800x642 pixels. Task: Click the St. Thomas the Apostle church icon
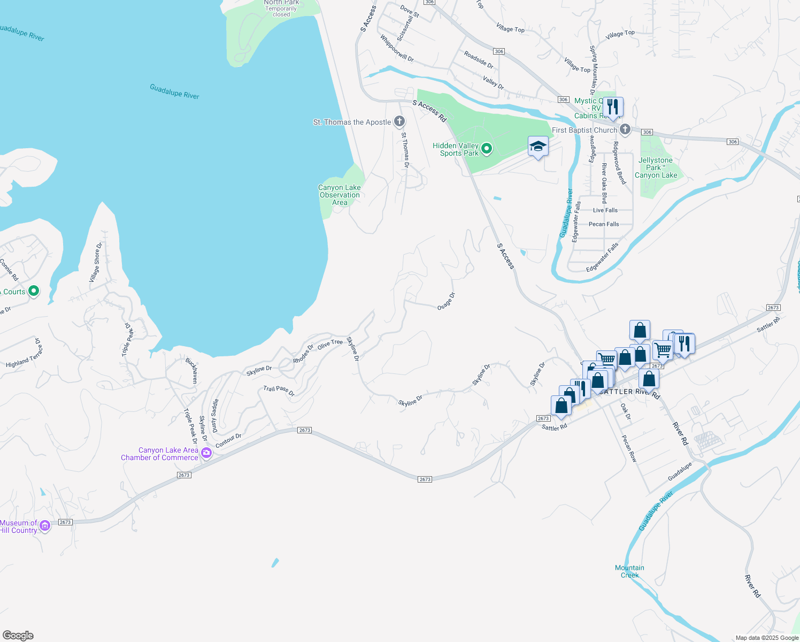click(399, 122)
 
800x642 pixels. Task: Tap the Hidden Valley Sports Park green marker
click(486, 149)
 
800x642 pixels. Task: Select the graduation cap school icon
click(537, 146)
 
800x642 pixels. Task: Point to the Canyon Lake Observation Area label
click(340, 195)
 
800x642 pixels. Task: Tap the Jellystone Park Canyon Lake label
click(656, 167)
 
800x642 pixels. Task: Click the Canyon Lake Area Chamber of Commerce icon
click(206, 454)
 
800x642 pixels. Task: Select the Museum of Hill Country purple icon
click(45, 526)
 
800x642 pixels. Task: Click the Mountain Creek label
click(629, 571)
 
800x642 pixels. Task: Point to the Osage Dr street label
click(446, 301)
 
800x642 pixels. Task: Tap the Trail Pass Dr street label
click(279, 391)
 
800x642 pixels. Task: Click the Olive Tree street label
click(330, 344)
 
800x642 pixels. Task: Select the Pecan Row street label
click(629, 448)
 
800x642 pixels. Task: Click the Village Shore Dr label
click(95, 262)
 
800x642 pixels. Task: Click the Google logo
click(18, 635)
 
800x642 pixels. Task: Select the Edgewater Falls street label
click(602, 257)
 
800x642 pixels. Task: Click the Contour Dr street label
click(228, 441)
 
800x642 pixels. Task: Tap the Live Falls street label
click(605, 210)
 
